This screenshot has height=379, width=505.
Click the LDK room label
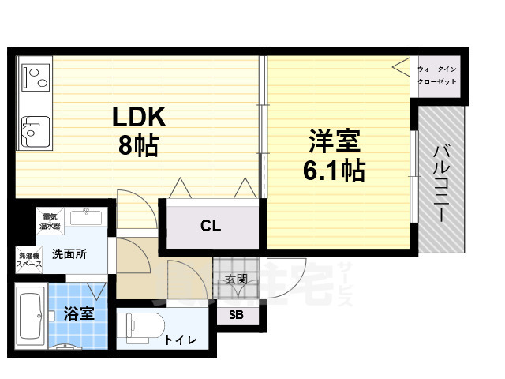click(x=138, y=117)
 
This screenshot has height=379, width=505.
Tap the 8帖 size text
click(x=138, y=145)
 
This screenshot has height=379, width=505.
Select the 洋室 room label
click(x=334, y=142)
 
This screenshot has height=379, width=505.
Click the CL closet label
click(x=210, y=227)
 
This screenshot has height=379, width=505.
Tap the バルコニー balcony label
click(x=441, y=182)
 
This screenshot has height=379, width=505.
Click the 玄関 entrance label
click(x=235, y=278)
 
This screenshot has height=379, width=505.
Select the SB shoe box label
click(x=236, y=314)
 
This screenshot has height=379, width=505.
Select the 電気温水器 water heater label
click(x=50, y=220)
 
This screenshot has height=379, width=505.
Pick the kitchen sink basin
click(x=35, y=130)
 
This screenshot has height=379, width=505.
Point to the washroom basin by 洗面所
click(x=84, y=217)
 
